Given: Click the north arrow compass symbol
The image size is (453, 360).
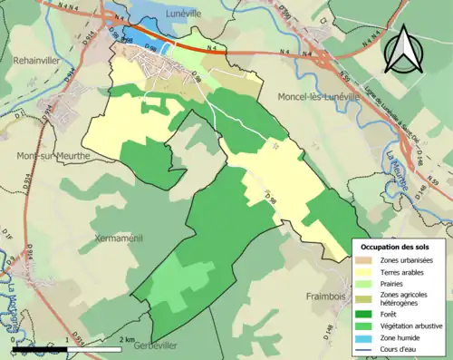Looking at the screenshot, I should (x=401, y=47).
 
